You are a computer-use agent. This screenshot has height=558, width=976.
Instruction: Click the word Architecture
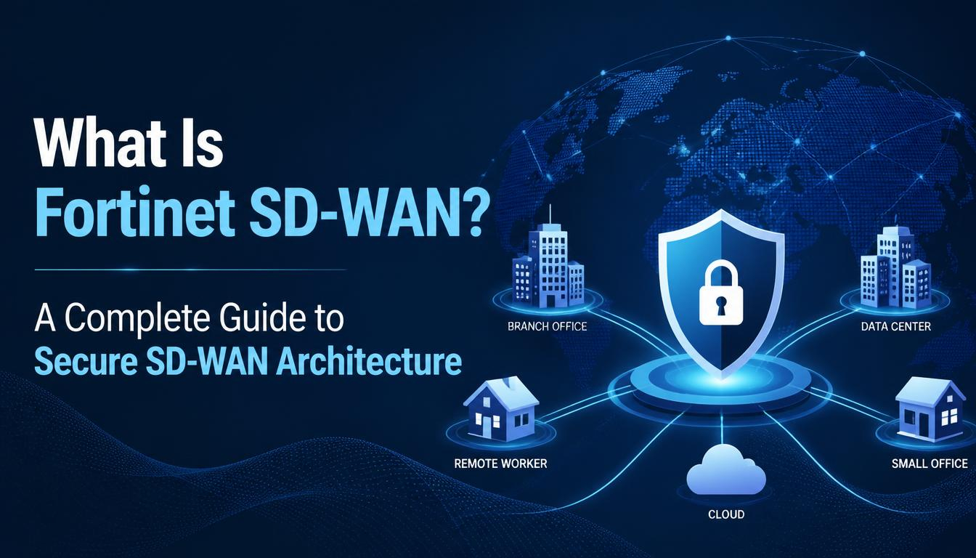(369, 363)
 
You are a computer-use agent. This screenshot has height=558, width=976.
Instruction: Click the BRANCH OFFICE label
(547, 326)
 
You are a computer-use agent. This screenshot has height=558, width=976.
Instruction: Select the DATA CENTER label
(896, 326)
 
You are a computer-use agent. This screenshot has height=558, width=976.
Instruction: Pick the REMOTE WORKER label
(500, 463)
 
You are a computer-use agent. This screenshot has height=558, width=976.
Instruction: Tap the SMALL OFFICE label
(930, 463)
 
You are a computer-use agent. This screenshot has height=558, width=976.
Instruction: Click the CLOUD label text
(726, 514)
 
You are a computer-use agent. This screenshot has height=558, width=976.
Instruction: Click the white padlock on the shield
(720, 292)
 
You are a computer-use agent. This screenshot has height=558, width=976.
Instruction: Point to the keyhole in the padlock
(720, 306)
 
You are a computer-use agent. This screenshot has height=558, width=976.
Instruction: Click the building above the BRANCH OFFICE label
(548, 266)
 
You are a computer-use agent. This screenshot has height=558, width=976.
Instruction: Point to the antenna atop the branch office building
(550, 214)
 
